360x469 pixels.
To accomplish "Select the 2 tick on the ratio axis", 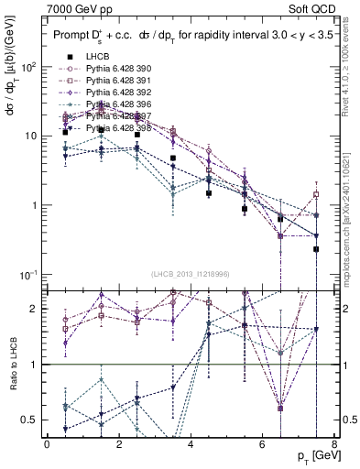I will point(38,309).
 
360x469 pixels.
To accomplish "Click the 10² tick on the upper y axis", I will point(31,68).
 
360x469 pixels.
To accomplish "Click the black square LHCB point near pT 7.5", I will point(316,249).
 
